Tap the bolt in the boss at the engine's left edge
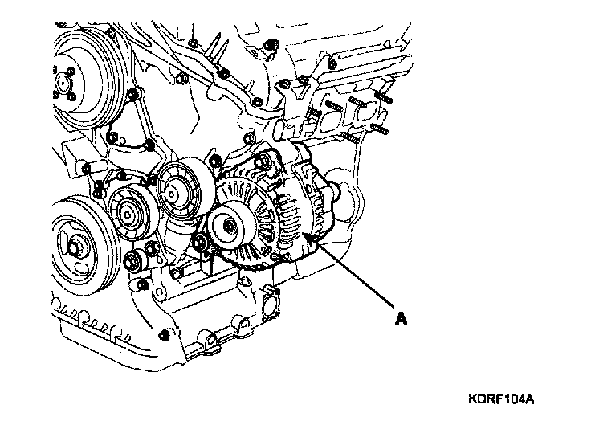[86, 170]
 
